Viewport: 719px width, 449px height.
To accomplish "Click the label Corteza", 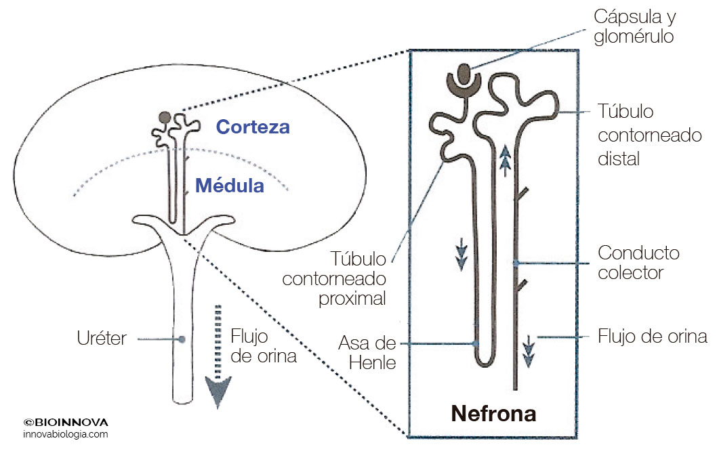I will (x=253, y=127).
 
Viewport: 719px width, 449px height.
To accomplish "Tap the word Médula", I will (x=230, y=185).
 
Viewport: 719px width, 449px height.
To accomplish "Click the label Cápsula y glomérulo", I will (x=634, y=26).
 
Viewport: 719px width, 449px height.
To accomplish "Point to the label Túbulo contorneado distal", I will (x=649, y=135).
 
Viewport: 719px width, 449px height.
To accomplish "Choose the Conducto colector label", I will (x=638, y=263).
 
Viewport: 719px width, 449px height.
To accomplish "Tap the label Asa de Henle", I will (x=367, y=352).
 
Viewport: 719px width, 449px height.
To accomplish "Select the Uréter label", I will (x=102, y=338).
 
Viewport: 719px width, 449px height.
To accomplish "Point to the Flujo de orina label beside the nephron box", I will (x=653, y=337).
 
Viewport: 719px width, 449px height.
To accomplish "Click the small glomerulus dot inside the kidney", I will (x=165, y=117).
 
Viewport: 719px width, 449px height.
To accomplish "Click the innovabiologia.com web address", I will (x=65, y=434).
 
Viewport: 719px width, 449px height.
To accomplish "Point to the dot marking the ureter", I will (x=182, y=338).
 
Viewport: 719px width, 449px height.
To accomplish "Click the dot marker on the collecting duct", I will (x=516, y=261).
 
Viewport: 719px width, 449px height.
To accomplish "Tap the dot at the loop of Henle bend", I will (x=476, y=343).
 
